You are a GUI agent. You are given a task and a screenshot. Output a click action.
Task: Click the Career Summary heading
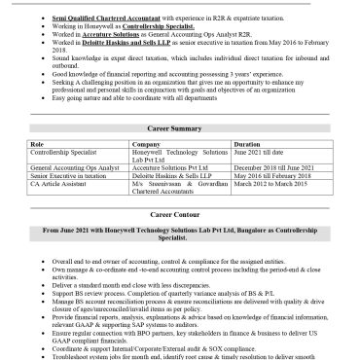click(180, 127)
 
